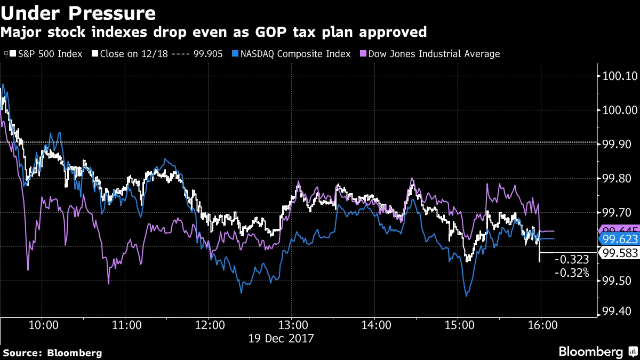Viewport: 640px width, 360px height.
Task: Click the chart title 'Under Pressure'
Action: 78,13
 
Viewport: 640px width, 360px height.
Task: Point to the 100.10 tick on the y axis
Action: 618,76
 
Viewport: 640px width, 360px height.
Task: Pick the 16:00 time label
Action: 541,325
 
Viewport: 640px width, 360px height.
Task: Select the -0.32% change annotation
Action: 572,273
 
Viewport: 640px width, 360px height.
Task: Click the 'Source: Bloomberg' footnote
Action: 52,353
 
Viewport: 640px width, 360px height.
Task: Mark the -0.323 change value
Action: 572,260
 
